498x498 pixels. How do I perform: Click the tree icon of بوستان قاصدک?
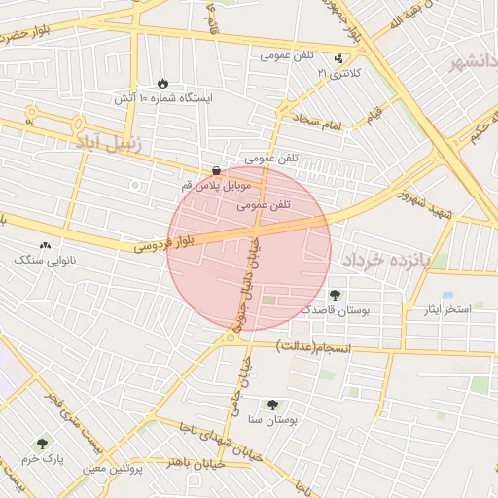pos(336,294)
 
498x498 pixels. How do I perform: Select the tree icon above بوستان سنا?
pos(271,404)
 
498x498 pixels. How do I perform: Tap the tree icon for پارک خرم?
pos(41,443)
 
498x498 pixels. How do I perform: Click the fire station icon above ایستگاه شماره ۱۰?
pos(162,84)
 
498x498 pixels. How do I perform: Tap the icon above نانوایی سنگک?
pos(45,246)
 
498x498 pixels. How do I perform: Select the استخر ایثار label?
pos(445,309)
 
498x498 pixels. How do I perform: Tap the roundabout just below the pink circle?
pos(231,337)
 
